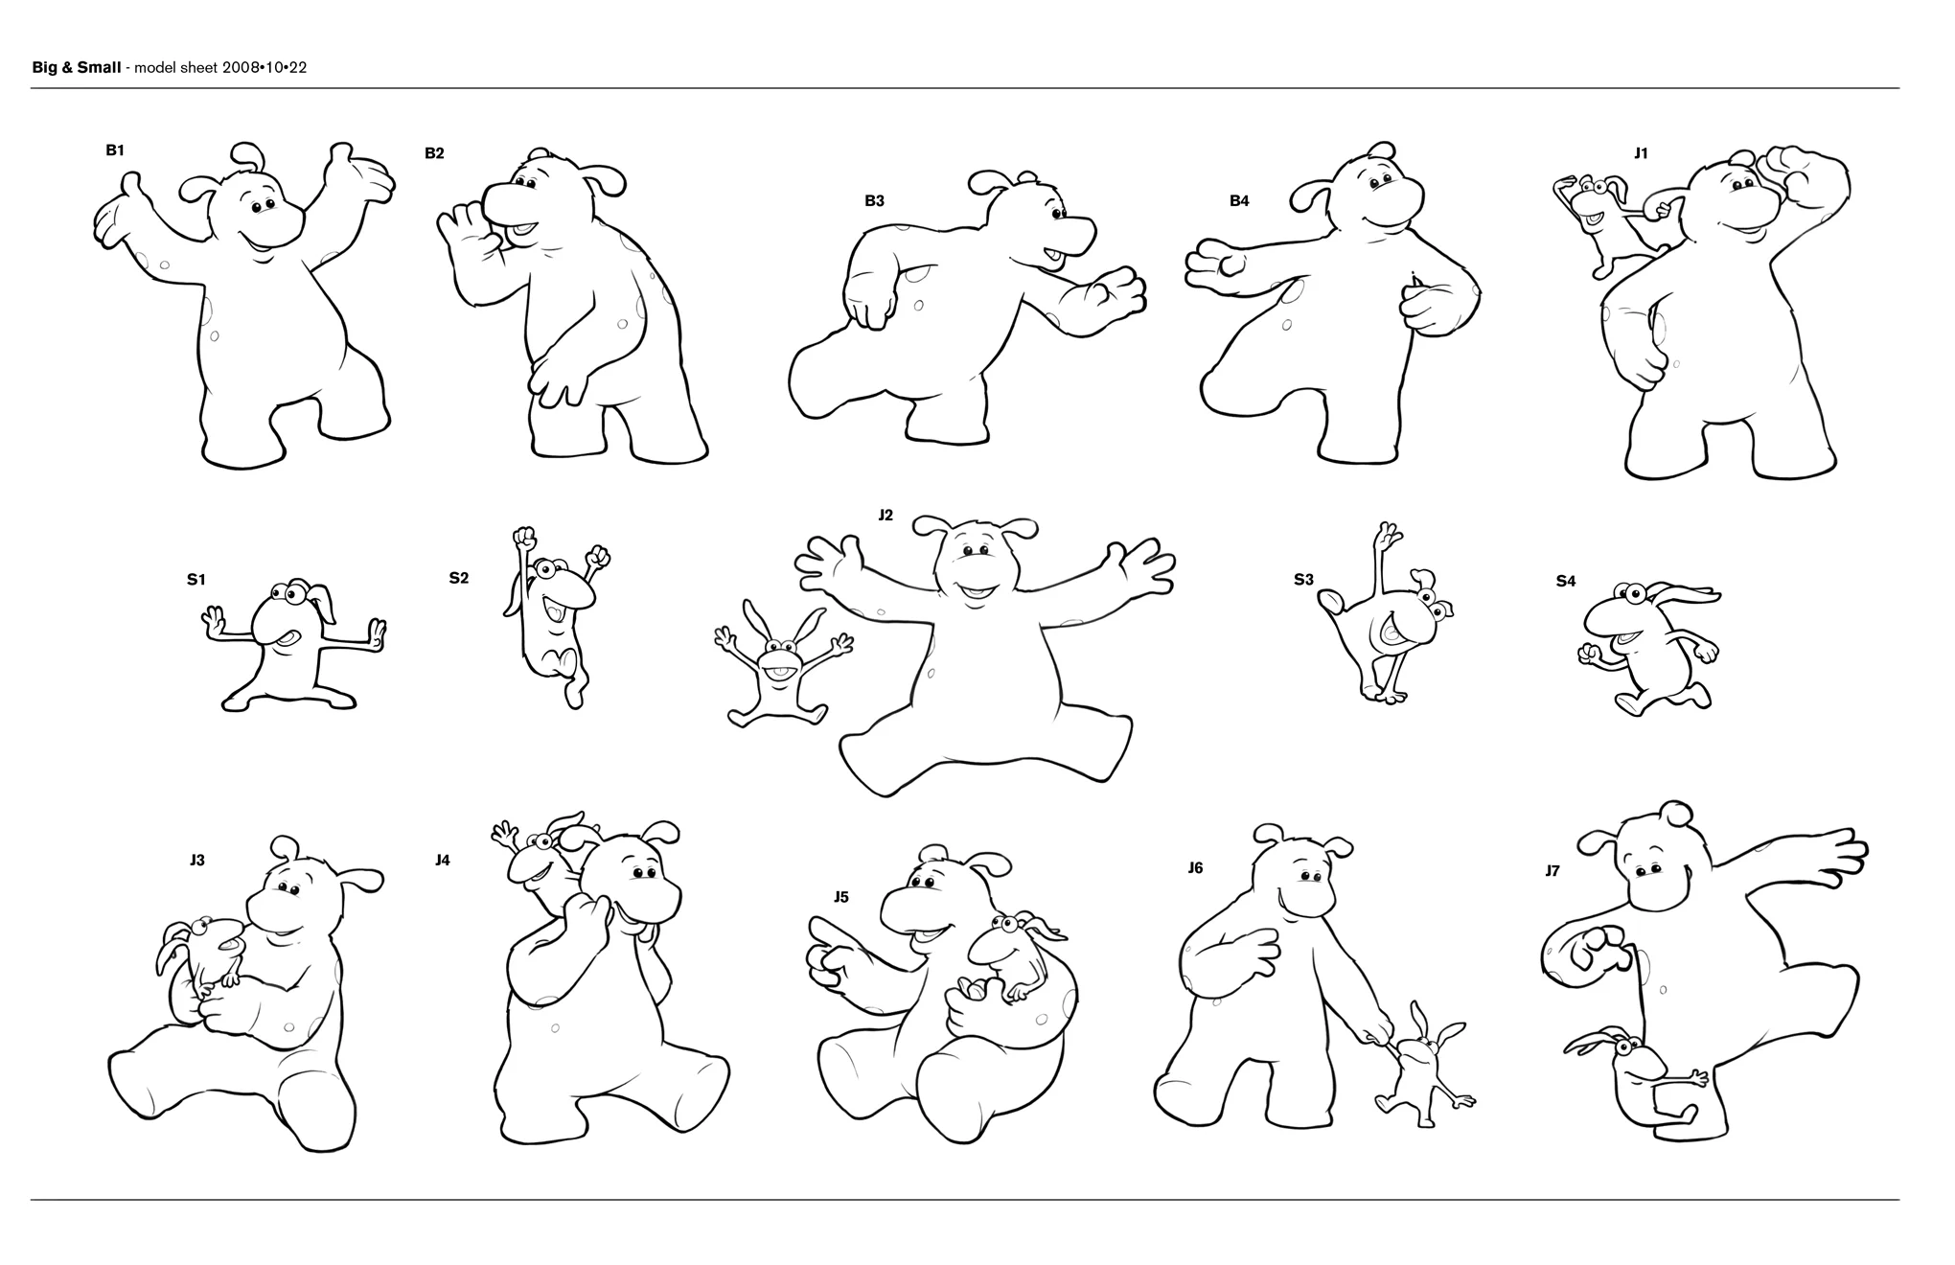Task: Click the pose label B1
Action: click(115, 150)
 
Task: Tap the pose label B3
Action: click(874, 200)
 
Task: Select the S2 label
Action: click(459, 578)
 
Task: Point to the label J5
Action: click(840, 897)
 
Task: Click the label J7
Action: click(1552, 871)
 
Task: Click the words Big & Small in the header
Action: click(77, 67)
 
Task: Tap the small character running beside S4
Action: click(1648, 648)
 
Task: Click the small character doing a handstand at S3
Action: click(1386, 613)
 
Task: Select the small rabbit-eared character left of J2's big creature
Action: click(781, 664)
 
